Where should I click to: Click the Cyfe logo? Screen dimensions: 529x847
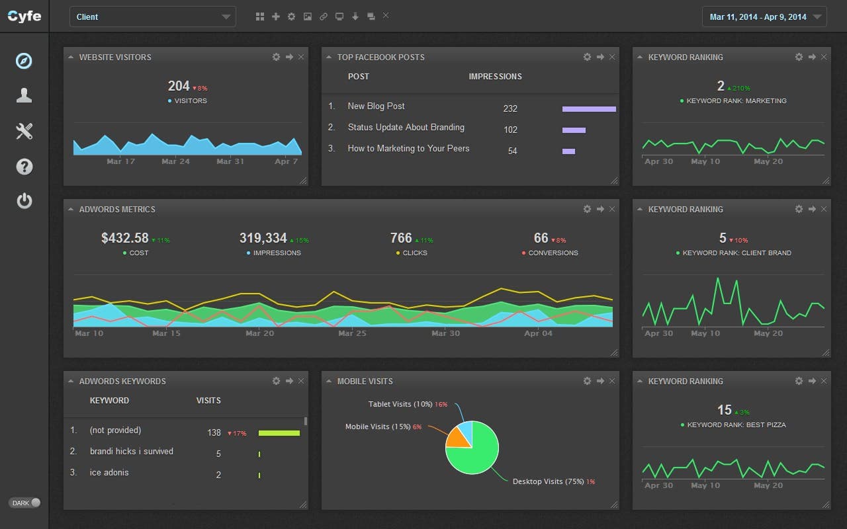(24, 17)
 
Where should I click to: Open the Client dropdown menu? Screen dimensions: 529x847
(152, 17)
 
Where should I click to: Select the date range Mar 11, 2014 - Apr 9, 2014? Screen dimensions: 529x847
(764, 17)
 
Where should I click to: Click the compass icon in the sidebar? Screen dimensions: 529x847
(24, 61)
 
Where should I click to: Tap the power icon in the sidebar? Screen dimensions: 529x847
(24, 200)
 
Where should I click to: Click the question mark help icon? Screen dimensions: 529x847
(24, 166)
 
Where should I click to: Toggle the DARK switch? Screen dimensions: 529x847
(25, 503)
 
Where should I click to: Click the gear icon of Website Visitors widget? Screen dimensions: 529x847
(276, 58)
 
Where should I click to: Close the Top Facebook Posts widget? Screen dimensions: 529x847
(612, 58)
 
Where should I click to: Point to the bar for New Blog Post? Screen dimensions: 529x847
(588, 109)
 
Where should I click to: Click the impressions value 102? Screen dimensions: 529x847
(510, 130)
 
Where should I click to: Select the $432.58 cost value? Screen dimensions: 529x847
(125, 238)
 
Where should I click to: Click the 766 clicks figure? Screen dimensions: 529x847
(401, 238)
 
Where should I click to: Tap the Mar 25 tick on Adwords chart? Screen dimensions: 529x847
(351, 333)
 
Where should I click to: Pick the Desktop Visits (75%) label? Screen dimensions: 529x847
(548, 481)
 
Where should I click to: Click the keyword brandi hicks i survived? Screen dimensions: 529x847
(131, 452)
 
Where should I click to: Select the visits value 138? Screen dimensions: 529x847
(214, 433)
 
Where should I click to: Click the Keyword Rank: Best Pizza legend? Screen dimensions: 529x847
(736, 425)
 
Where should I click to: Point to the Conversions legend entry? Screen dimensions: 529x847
(553, 253)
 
